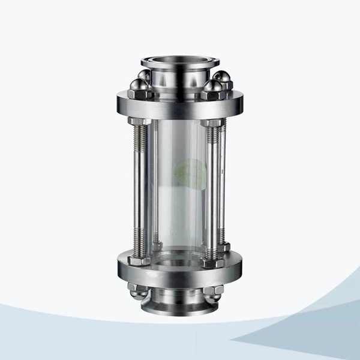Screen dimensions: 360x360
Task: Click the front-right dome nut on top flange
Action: click(212, 91)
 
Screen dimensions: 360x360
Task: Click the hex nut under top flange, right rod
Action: click(214, 122)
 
